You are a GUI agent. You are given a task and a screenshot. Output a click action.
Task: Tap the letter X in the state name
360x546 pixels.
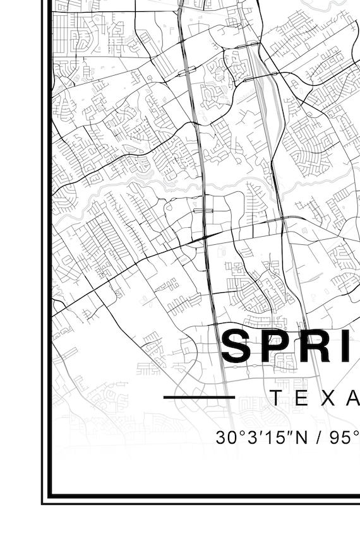(x=326, y=398)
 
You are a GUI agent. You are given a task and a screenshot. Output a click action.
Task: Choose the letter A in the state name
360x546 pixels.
(x=352, y=398)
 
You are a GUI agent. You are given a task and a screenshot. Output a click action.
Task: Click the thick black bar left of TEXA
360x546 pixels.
(x=199, y=398)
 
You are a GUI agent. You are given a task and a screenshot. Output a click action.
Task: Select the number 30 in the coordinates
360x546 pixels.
(x=225, y=437)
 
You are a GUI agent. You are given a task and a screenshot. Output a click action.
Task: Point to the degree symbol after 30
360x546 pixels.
(x=237, y=432)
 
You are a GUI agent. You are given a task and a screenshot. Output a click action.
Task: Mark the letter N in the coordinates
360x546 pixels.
(x=291, y=437)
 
